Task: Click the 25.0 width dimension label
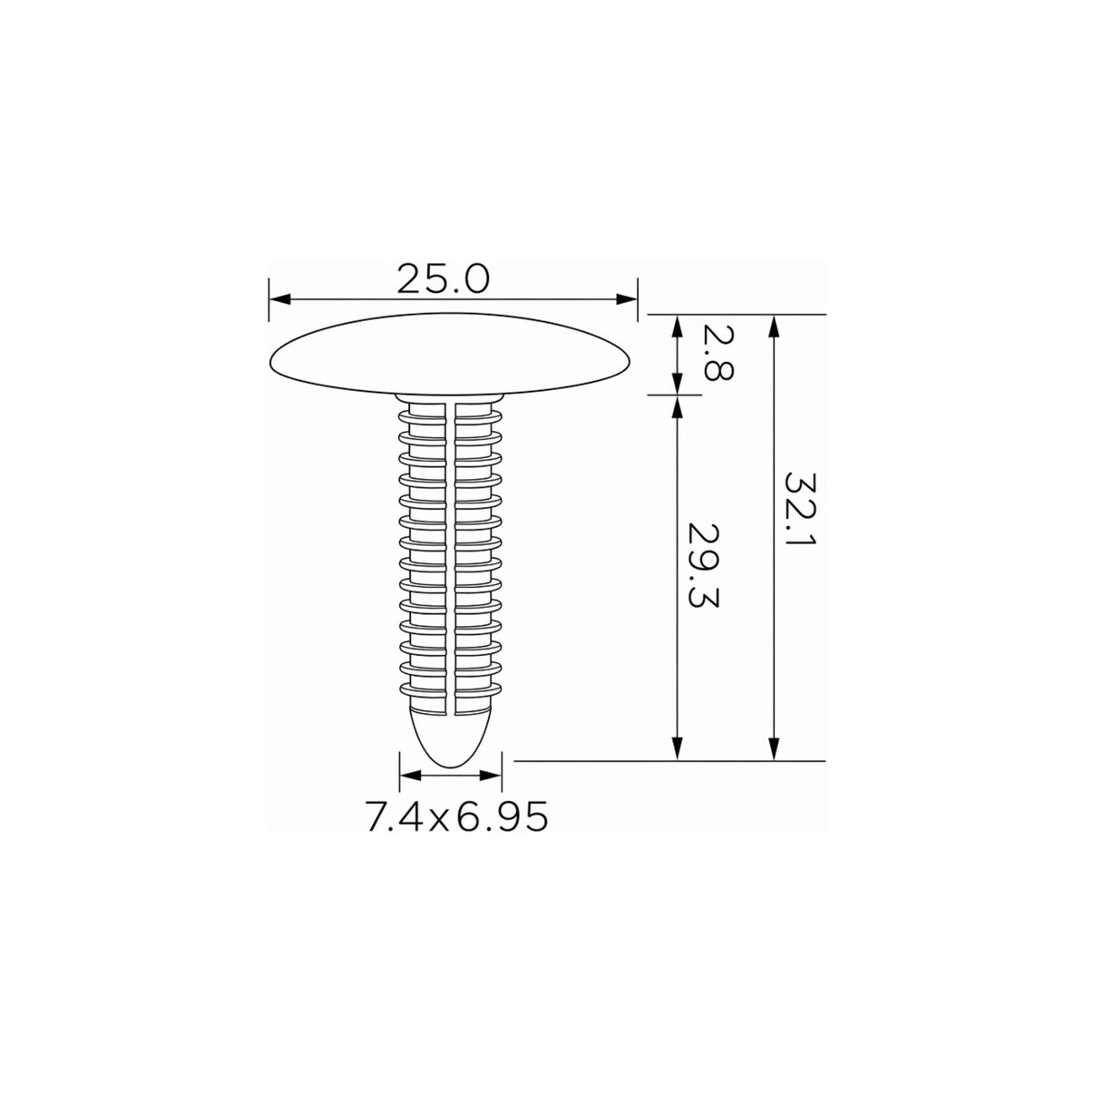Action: pyautogui.click(x=443, y=279)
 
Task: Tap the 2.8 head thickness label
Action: pyautogui.click(x=718, y=353)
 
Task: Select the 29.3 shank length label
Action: pyautogui.click(x=703, y=565)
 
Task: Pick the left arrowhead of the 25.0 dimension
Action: pyautogui.click(x=280, y=299)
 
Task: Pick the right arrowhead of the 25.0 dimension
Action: pyautogui.click(x=627, y=299)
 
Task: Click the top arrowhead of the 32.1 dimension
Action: pyautogui.click(x=774, y=326)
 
